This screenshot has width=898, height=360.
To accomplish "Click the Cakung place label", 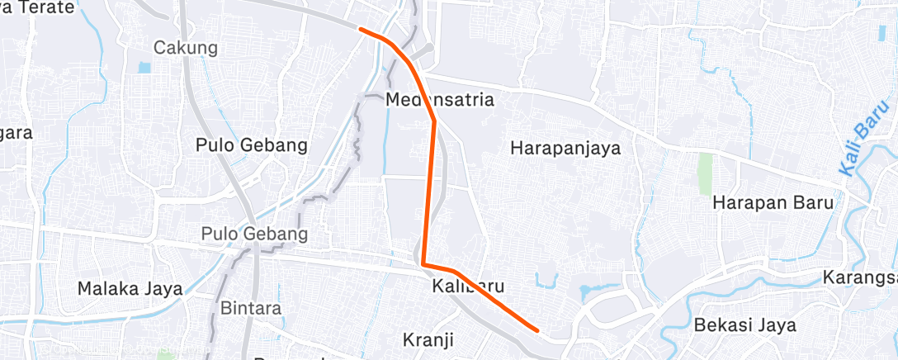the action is tap(186, 48).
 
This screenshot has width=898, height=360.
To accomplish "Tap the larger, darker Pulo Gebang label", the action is tap(252, 145).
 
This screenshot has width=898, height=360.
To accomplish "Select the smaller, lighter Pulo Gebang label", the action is tap(254, 234).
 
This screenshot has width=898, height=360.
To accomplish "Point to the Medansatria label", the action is tap(440, 101).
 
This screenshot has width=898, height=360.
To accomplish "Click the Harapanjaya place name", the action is tap(565, 149).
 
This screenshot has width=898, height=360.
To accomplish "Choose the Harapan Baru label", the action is tap(773, 202).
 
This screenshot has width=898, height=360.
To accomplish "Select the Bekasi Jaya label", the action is tap(745, 324).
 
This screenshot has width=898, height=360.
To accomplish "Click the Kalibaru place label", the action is tap(467, 287).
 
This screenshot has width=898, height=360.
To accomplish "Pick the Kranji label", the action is tap(429, 339).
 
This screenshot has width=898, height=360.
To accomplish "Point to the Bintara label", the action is tap(251, 308).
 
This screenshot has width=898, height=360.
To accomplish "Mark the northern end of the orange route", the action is tap(361, 29).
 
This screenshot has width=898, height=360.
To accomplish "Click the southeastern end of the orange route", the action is tap(537, 330).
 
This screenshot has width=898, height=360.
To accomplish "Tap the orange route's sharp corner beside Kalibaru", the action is tap(423, 263).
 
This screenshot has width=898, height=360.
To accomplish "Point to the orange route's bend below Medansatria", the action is tap(434, 121).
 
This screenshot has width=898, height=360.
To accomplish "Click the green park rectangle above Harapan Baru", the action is tap(705, 173).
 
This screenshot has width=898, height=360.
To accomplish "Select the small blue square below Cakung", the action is tap(145, 68).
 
